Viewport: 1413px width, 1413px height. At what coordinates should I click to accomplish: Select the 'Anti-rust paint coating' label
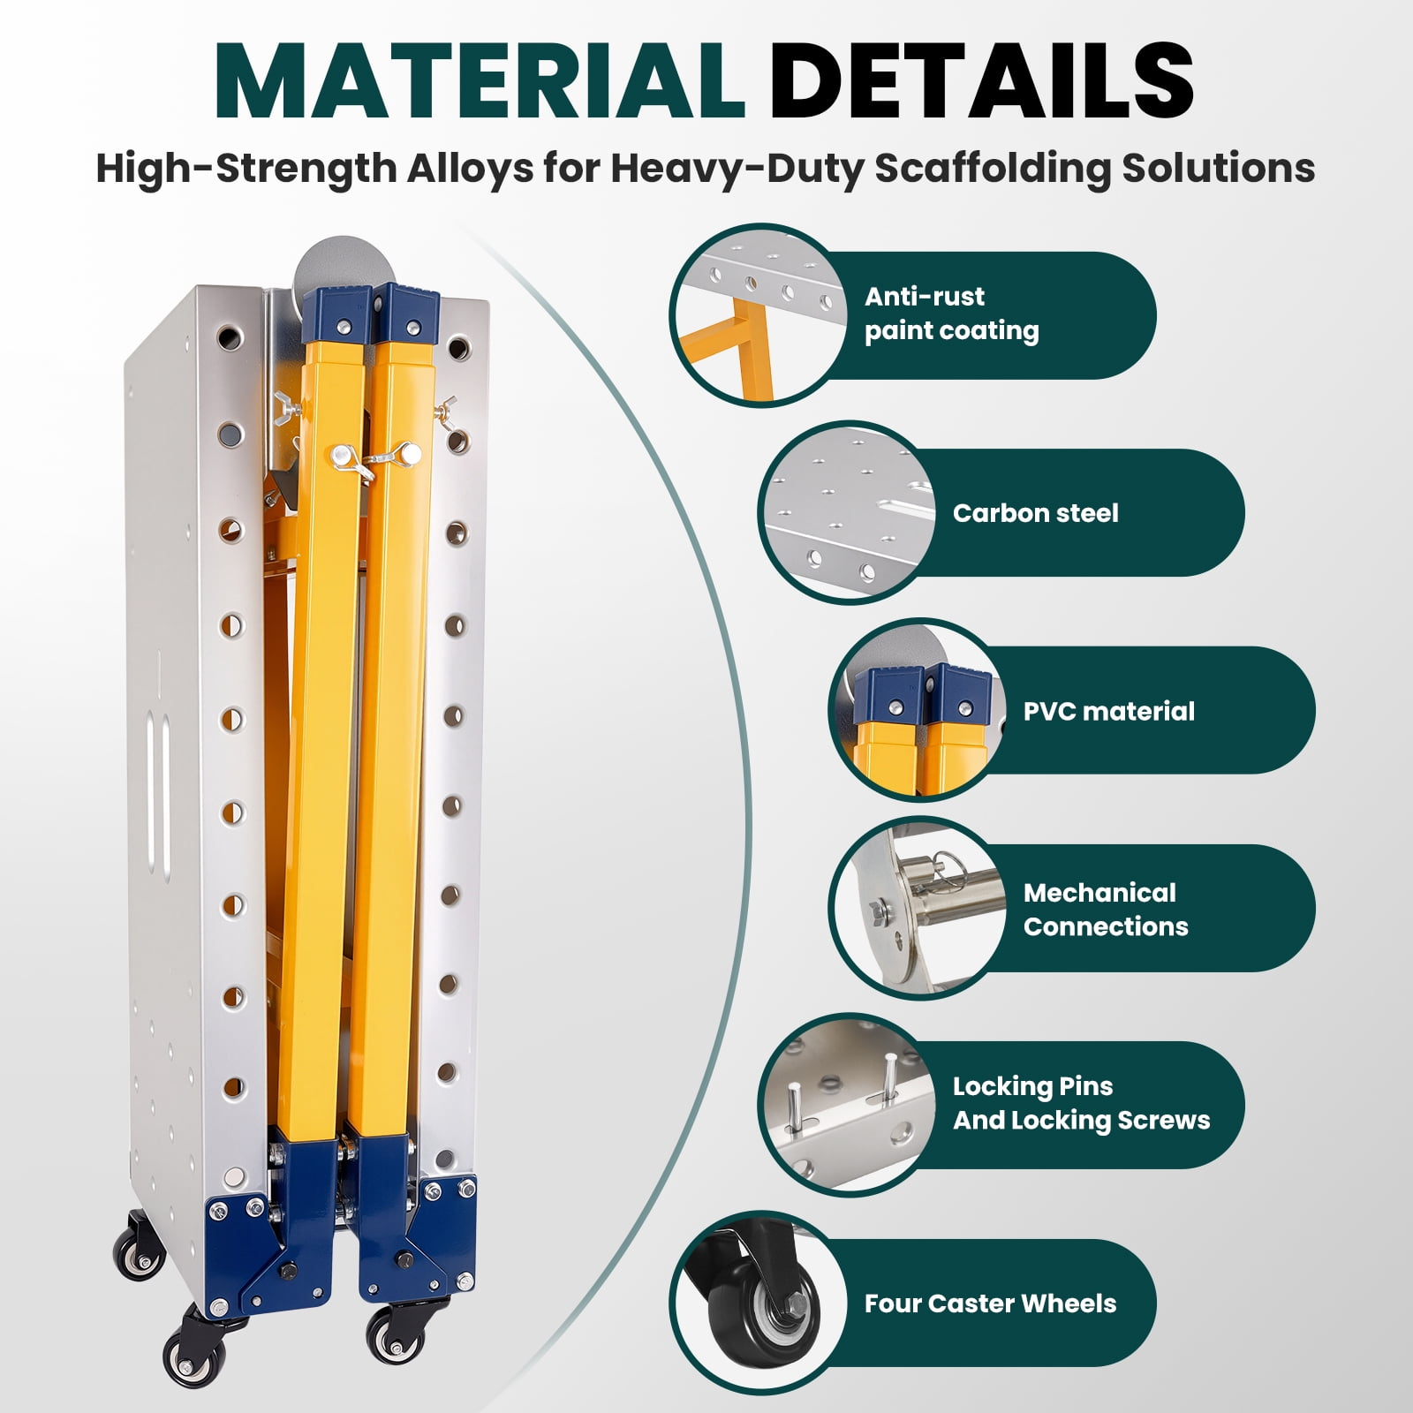951,314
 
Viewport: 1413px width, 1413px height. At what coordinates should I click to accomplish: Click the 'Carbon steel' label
1035,513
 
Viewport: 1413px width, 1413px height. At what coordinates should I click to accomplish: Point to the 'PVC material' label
1108,711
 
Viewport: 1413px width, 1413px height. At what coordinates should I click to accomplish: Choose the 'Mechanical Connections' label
1106,909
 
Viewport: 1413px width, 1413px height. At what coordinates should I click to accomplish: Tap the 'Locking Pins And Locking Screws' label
1081,1103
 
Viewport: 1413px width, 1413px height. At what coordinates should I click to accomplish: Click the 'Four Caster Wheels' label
990,1303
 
